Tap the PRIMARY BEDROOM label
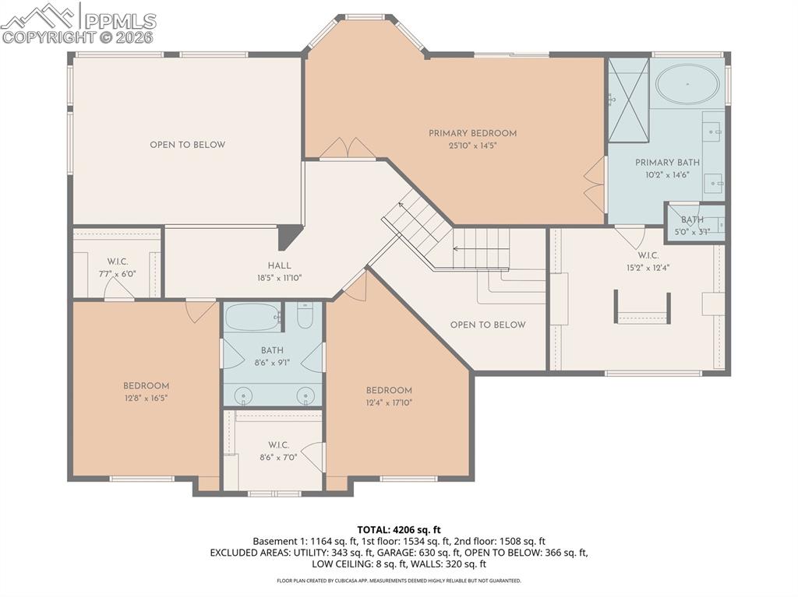coord(472,133)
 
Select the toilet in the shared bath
coord(305,316)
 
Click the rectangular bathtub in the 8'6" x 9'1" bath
coord(252,317)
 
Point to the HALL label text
coord(279,266)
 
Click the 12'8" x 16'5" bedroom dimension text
coord(146,397)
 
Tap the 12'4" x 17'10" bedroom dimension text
coord(389,402)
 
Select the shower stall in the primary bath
coord(628,100)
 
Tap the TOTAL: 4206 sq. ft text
coord(398,529)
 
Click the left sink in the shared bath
coord(244,395)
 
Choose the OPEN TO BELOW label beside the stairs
coord(488,325)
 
